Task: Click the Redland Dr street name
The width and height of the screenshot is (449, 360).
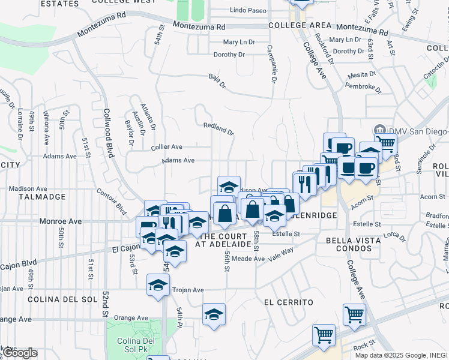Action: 218,128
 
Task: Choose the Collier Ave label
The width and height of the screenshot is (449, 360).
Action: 166,146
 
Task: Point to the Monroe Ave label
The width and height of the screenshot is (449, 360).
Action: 60,221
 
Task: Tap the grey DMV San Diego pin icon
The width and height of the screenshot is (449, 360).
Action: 379,130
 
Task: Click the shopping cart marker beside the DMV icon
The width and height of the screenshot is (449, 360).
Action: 386,143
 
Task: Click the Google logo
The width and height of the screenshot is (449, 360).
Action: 20,353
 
